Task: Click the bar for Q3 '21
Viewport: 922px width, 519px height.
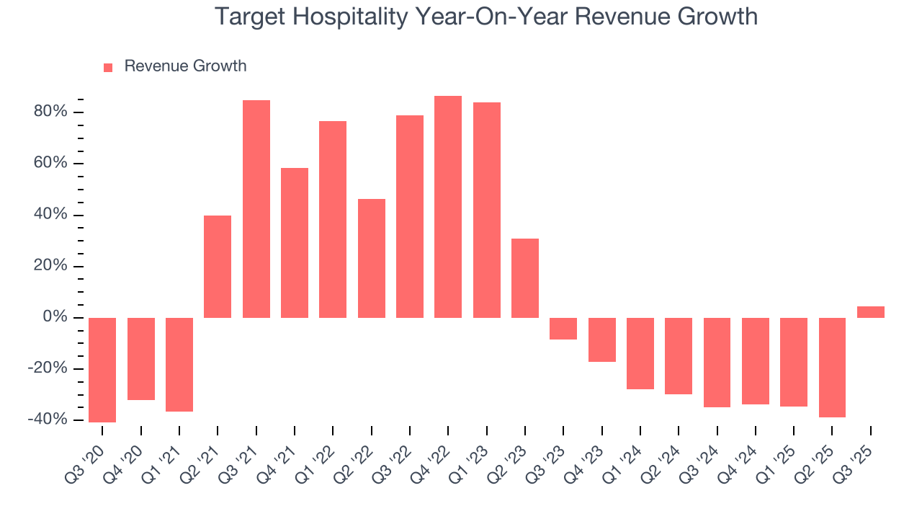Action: tap(256, 209)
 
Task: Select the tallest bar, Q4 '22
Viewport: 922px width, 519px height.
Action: tap(448, 207)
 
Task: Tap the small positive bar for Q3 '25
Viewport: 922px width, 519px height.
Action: tap(870, 312)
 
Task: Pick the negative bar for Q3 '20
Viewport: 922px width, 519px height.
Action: tap(102, 370)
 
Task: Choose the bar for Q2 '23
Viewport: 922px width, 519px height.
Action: tap(525, 278)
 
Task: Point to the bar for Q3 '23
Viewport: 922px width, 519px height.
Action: tap(563, 329)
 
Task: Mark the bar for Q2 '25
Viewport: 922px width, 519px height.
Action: tap(832, 368)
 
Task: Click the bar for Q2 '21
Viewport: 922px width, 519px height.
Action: tap(218, 267)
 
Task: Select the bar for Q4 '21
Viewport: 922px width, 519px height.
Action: tap(295, 243)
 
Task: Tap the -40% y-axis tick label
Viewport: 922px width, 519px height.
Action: tap(48, 420)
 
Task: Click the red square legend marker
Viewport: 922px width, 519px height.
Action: tap(108, 68)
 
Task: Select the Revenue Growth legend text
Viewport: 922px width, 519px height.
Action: tap(185, 66)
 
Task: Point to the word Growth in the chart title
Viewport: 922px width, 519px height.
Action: tap(715, 17)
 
